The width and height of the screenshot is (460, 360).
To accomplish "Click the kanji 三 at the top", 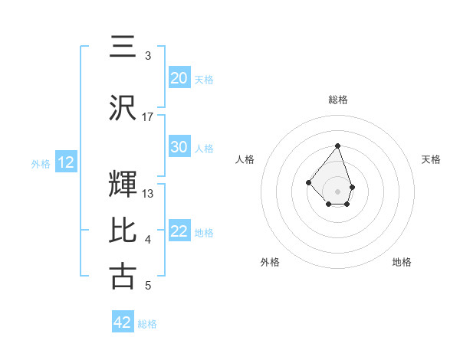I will pos(123,47).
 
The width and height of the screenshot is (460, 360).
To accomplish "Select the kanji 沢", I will pos(123,108).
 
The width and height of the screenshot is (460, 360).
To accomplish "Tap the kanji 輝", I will pos(123,184).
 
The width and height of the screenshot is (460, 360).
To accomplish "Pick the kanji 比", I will pos(123,231).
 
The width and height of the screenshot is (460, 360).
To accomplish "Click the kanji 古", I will pos(123,277).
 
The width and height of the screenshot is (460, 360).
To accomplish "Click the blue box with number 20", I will pos(179,78).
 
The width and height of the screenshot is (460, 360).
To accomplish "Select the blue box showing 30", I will pos(179,147).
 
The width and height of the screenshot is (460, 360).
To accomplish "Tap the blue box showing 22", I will pos(179,232).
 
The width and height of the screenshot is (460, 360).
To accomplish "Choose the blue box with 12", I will pos(66,162).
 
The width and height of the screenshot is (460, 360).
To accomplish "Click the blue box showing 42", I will pos(123,322).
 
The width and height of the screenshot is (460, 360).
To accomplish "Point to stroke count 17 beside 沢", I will pos(148,116).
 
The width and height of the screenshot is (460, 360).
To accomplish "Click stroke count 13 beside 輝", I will pos(148,193).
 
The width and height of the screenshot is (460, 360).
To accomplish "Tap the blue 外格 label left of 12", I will pos(41,163).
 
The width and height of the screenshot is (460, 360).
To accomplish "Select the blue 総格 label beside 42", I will pos(148,324).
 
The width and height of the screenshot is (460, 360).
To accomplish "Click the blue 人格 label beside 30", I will pos(204,148).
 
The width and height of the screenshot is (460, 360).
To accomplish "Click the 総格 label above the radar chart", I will pos(338,100).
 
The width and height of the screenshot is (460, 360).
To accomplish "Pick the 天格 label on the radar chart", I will pos(431,159).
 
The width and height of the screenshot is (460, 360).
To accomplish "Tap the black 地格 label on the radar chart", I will pos(402,262).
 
